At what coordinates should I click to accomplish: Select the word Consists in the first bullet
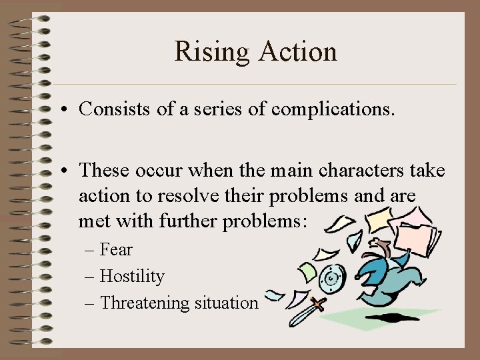[x=108, y=109]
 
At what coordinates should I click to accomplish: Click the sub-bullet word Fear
[x=116, y=250]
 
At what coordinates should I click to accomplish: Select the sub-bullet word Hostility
[x=132, y=276]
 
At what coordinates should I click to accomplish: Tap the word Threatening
[x=145, y=303]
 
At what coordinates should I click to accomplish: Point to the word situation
[x=226, y=303]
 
